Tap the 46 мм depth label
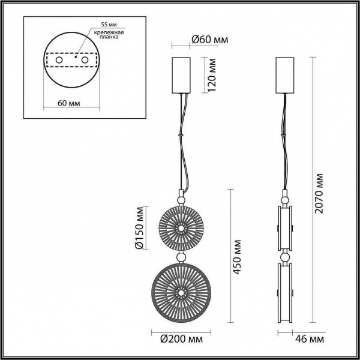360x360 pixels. [x=312, y=340]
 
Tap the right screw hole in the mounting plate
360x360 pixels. [x=85, y=61]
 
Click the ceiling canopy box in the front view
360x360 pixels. [x=180, y=74]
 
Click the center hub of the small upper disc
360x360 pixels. [x=179, y=228]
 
